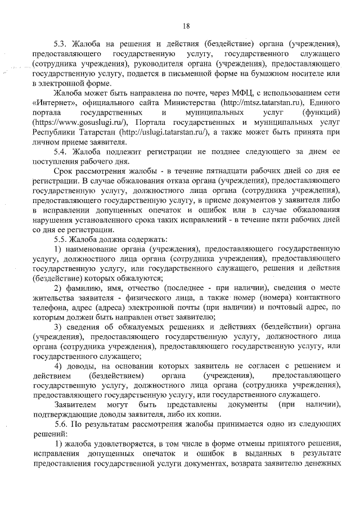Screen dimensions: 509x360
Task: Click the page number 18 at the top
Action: coord(187,25)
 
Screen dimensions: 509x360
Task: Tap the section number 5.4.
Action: coord(61,152)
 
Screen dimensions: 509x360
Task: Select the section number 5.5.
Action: coord(61,238)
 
